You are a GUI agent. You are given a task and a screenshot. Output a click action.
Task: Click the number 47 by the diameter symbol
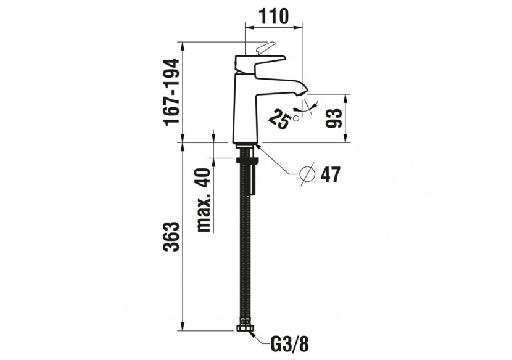coord(330,175)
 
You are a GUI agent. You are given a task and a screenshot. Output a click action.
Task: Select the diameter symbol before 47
coord(307,174)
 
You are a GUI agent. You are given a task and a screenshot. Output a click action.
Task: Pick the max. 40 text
coord(204,200)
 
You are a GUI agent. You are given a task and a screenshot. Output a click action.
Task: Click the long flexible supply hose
coord(244,247)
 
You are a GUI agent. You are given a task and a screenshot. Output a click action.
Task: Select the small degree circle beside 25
coord(297,117)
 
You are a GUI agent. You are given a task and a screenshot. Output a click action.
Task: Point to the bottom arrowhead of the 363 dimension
coord(183,327)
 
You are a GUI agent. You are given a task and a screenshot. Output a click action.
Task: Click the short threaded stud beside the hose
coord(253,179)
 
